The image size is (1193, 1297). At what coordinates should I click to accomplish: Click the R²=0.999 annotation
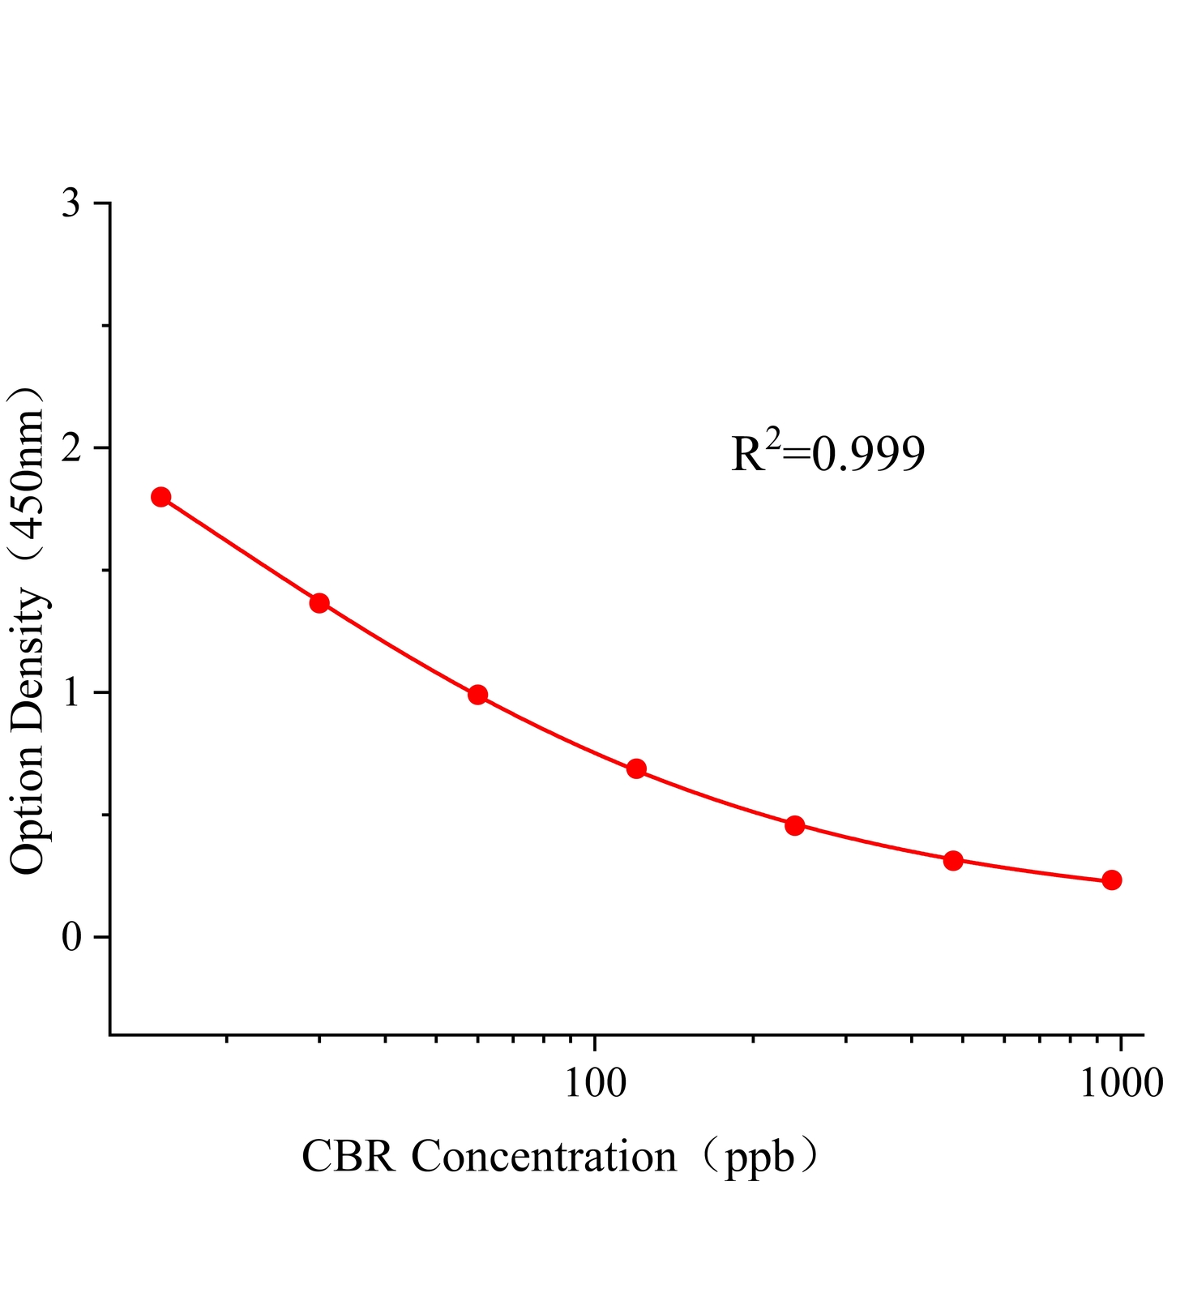click(x=827, y=453)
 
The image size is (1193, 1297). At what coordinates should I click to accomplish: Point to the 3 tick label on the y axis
click(x=72, y=203)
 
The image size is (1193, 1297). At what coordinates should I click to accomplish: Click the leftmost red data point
click(x=161, y=497)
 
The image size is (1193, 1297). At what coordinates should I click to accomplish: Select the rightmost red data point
click(x=1112, y=880)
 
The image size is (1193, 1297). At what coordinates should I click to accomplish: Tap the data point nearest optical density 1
click(x=478, y=695)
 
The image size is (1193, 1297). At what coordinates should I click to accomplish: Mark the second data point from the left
click(x=319, y=603)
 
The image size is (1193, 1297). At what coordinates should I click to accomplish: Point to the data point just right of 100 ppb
click(x=636, y=768)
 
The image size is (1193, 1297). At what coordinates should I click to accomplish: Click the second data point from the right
click(x=953, y=860)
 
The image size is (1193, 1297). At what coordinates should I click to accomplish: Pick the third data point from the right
click(x=795, y=825)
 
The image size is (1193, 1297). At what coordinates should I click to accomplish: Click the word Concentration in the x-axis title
click(x=544, y=1157)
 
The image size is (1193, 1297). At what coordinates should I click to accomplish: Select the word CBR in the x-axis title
click(x=349, y=1157)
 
